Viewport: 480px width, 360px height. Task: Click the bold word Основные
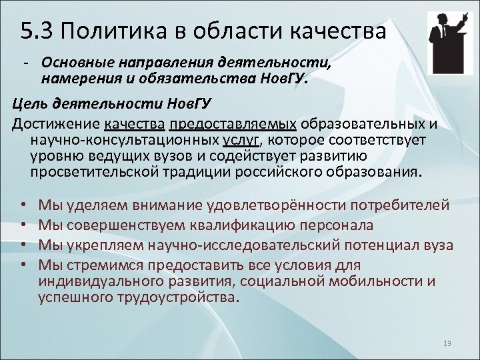(77, 62)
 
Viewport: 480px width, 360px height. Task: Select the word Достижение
(53, 123)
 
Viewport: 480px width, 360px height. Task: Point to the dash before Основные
(25, 62)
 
